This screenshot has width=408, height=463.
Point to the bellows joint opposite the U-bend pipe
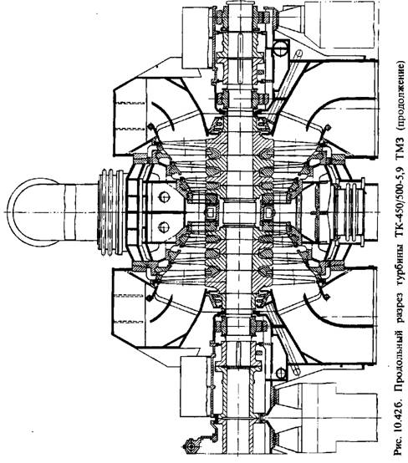353,211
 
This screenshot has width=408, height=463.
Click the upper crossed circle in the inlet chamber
164,196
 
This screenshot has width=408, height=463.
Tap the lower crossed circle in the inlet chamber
164,227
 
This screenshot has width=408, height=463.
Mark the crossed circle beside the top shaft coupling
281,48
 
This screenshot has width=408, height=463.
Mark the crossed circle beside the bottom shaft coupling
281,373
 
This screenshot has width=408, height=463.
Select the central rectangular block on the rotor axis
239,211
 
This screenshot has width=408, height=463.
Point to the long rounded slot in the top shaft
240,58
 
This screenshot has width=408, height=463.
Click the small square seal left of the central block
211,212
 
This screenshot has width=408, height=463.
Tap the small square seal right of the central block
268,212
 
